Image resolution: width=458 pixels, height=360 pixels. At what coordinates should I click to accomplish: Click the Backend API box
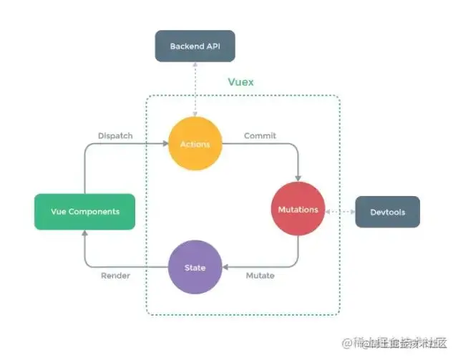(195, 47)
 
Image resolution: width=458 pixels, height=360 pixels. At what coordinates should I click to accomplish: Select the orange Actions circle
(195, 144)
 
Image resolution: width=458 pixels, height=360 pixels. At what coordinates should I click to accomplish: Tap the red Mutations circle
(298, 210)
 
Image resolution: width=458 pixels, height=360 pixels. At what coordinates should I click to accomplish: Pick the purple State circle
(195, 268)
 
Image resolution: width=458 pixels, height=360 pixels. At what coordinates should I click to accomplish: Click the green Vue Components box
(84, 211)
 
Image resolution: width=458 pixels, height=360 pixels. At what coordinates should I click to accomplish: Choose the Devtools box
(387, 211)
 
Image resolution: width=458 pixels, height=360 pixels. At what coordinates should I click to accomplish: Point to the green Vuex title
(240, 82)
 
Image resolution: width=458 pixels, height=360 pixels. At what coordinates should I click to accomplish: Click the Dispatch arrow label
(115, 135)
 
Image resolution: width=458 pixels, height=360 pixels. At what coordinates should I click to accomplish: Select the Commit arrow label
(260, 135)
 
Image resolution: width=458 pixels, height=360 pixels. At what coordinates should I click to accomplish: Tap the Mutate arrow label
(259, 276)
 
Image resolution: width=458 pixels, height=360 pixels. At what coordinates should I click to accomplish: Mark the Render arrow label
(115, 276)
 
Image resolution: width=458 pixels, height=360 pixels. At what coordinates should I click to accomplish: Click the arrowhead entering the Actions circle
(165, 144)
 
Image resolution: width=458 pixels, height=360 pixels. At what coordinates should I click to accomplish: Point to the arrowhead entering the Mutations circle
(298, 179)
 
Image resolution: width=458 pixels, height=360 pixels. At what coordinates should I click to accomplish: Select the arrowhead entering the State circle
(225, 268)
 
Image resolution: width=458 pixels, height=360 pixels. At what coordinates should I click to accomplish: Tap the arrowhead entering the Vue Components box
(84, 233)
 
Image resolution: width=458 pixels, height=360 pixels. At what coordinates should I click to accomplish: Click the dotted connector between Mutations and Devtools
(341, 210)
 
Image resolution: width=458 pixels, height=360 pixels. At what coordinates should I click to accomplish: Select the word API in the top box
(213, 47)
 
